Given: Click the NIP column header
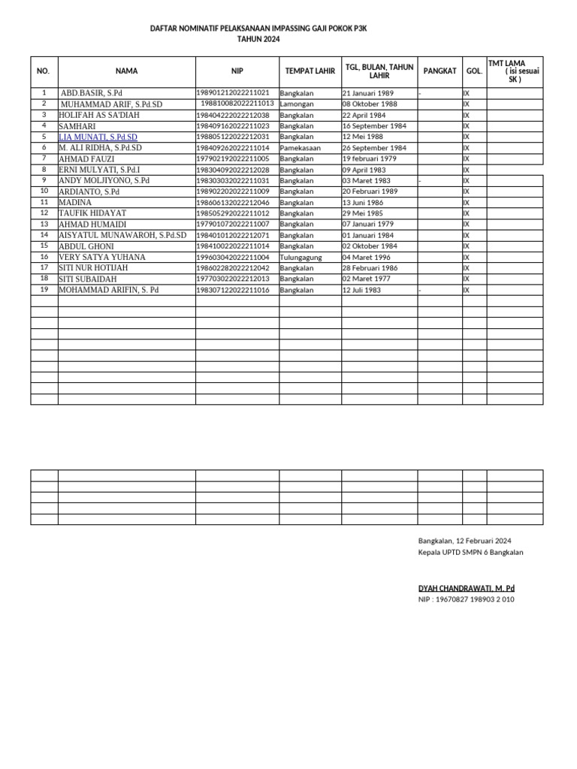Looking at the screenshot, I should (237, 71).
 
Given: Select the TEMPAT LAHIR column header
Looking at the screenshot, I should (310, 71).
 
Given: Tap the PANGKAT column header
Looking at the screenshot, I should (440, 71).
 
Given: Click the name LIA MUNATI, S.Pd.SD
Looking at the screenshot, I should (98, 137).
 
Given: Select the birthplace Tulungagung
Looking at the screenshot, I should (301, 258).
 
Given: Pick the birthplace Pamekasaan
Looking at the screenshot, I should (300, 149).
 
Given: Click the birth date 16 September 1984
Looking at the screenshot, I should (374, 127).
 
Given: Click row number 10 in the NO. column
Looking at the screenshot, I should (44, 191).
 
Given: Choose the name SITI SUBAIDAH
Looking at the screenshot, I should (88, 279).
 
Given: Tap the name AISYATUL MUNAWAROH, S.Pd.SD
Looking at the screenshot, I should (122, 235).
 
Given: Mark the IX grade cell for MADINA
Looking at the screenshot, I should (467, 203).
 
